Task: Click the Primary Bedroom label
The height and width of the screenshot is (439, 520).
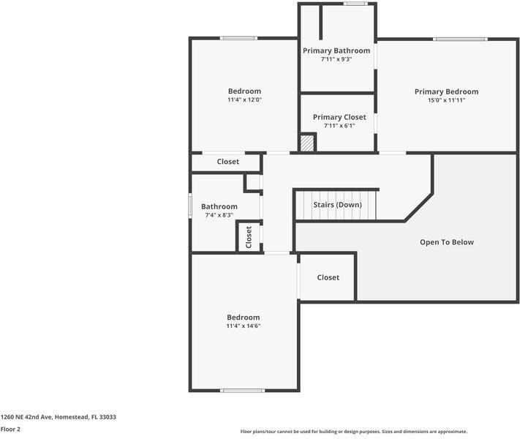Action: (x=446, y=91)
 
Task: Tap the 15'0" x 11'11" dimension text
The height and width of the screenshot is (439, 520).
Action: (x=446, y=100)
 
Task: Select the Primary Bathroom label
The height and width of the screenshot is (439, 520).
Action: (x=336, y=50)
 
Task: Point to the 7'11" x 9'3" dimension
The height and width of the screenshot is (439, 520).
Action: (x=336, y=59)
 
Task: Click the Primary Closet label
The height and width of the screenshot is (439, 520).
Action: (x=339, y=117)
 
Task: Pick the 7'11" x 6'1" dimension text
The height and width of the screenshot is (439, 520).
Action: (x=339, y=126)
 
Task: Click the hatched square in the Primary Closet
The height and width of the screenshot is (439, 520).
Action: (x=307, y=142)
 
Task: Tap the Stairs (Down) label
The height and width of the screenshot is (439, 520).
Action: (x=337, y=205)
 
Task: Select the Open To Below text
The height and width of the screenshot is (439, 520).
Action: (x=446, y=242)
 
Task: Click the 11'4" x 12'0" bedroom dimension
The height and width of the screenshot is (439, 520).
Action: (x=244, y=100)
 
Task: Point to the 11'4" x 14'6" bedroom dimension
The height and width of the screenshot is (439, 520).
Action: (x=244, y=326)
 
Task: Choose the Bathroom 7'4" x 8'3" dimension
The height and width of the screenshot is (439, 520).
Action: (x=219, y=216)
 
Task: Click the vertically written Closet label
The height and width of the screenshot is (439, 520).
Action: (x=249, y=236)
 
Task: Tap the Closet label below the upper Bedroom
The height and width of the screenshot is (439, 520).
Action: (x=228, y=162)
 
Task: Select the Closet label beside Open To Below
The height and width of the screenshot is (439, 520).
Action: (x=328, y=277)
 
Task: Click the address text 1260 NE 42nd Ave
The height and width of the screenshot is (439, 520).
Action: (x=58, y=417)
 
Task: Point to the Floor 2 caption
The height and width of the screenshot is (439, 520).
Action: (x=10, y=429)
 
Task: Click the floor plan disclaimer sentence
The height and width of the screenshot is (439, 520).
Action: (x=353, y=432)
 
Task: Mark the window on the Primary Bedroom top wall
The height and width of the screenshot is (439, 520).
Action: (x=460, y=39)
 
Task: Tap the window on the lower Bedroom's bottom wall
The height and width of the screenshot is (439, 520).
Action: (x=243, y=390)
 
